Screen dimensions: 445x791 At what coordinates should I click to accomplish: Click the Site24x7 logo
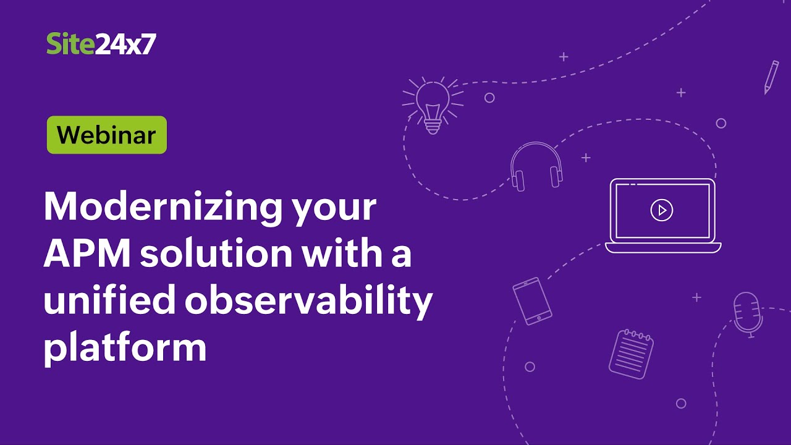click(101, 44)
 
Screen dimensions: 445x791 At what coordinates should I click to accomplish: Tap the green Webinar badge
click(107, 135)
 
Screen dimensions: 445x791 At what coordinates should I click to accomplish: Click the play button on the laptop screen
click(662, 210)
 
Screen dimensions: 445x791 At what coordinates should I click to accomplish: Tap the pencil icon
click(771, 77)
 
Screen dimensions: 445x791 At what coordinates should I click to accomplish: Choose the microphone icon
click(747, 314)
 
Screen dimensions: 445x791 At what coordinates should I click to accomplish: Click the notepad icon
click(631, 354)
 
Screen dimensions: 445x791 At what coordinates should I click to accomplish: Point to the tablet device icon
click(532, 300)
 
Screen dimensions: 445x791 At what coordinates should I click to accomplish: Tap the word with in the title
click(339, 253)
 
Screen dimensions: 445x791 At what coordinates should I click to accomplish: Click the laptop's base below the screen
click(663, 247)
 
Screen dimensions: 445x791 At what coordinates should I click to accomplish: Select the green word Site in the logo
click(70, 44)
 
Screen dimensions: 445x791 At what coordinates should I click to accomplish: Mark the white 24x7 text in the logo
click(125, 44)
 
